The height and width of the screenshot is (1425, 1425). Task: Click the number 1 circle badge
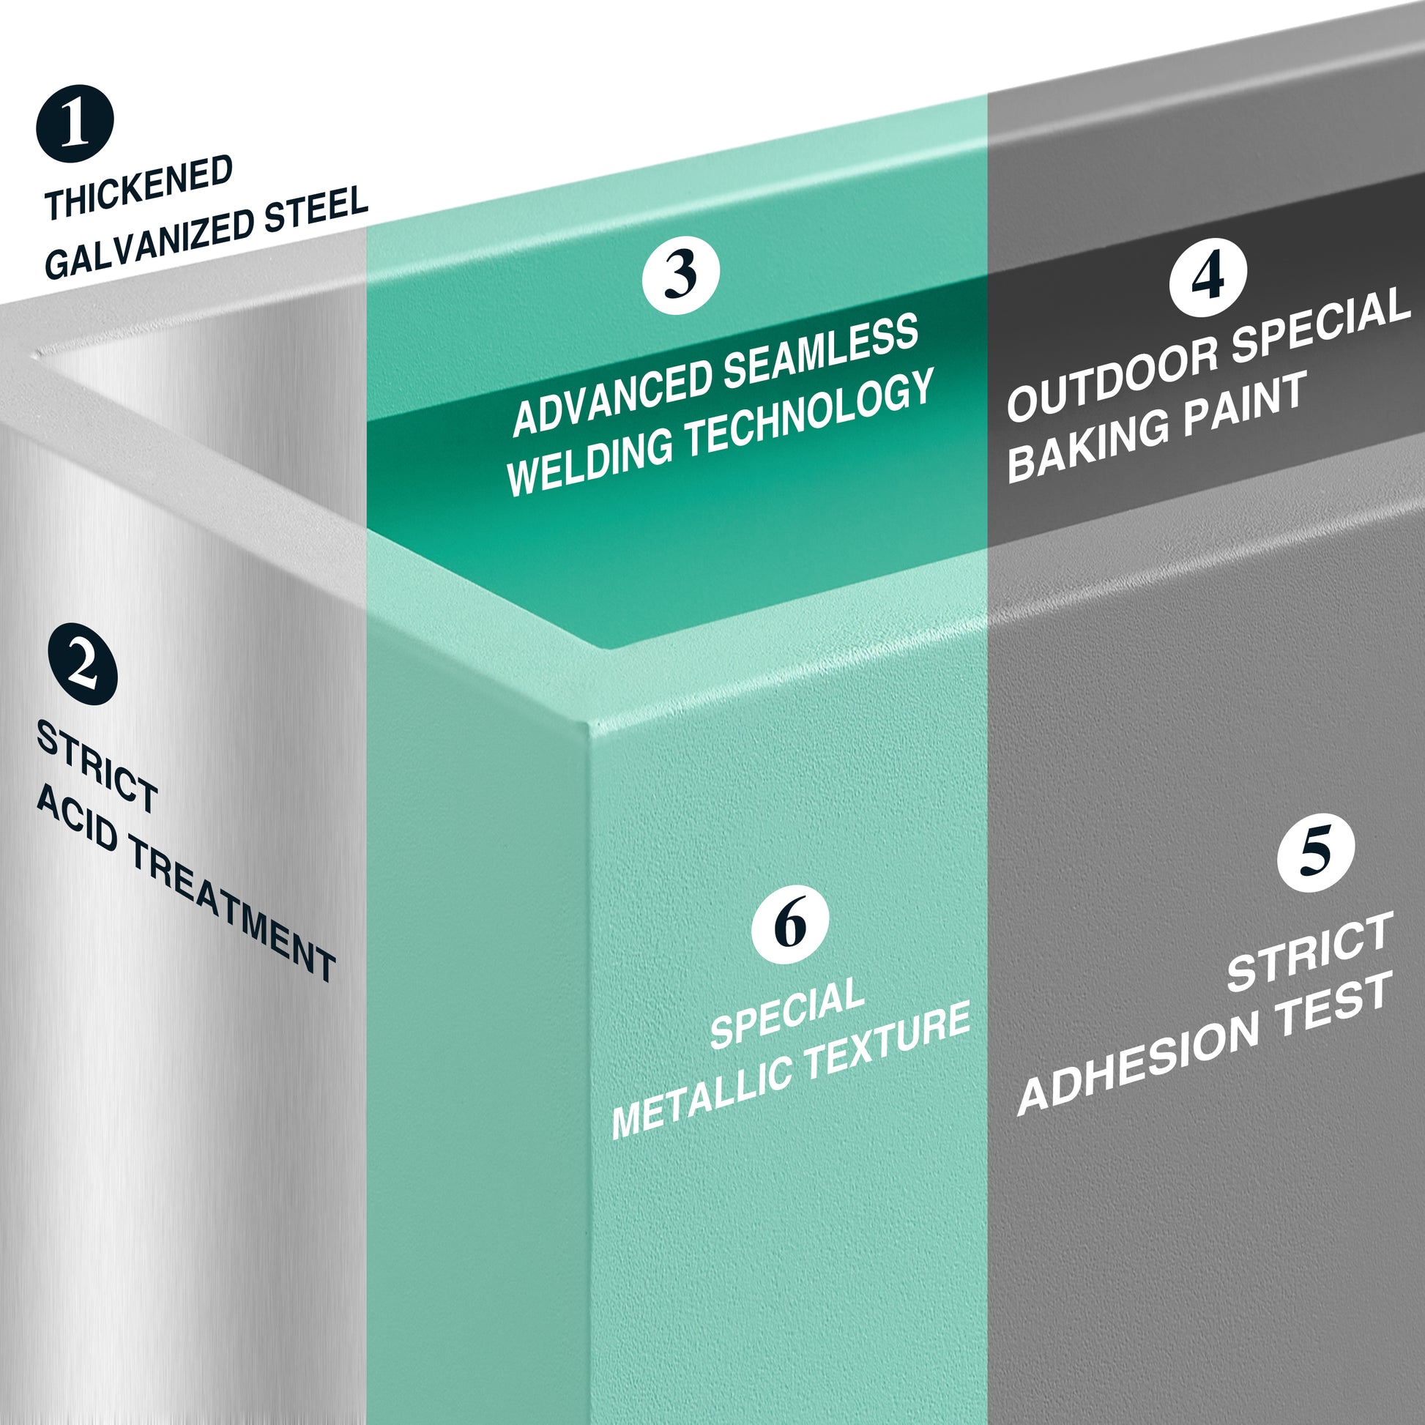tap(75, 123)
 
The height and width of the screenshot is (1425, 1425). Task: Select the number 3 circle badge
tap(680, 275)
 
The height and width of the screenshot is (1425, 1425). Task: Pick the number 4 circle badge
tap(1208, 278)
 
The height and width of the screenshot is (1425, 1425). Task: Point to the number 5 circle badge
tap(1316, 852)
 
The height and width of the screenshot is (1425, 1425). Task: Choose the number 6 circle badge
tap(790, 925)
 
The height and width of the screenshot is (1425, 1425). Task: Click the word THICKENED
tap(138, 187)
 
